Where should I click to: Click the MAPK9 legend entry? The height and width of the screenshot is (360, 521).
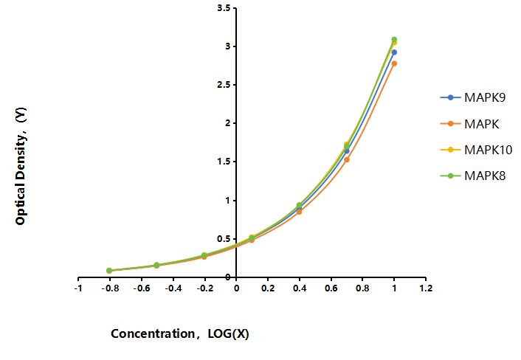[473, 97]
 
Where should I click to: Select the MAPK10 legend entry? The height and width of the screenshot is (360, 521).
[476, 150]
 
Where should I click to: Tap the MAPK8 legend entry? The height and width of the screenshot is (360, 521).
[473, 176]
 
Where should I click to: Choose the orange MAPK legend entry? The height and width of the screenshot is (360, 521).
[469, 124]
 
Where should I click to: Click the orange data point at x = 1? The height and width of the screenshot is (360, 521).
[394, 63]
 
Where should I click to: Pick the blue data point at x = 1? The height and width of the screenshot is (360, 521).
[394, 52]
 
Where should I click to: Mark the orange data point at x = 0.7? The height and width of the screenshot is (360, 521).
[347, 160]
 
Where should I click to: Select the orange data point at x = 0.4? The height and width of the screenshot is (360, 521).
[299, 212]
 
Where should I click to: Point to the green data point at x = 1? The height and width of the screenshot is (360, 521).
[394, 40]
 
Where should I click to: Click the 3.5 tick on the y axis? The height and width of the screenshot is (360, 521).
[224, 8]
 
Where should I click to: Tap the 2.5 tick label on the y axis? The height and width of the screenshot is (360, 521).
[224, 85]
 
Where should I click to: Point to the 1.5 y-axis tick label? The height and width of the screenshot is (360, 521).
[224, 162]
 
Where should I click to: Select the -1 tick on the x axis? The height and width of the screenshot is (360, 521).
[78, 288]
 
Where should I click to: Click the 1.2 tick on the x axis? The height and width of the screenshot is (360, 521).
[426, 288]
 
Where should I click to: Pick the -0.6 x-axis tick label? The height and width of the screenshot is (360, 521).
[142, 288]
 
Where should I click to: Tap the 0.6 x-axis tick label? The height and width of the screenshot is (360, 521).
[331, 288]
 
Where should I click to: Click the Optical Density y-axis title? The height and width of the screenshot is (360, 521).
[21, 166]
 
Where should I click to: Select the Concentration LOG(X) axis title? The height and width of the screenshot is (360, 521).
[180, 333]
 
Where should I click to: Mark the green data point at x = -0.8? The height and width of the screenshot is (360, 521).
[109, 271]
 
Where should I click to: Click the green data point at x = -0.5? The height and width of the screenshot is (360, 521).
[156, 265]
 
